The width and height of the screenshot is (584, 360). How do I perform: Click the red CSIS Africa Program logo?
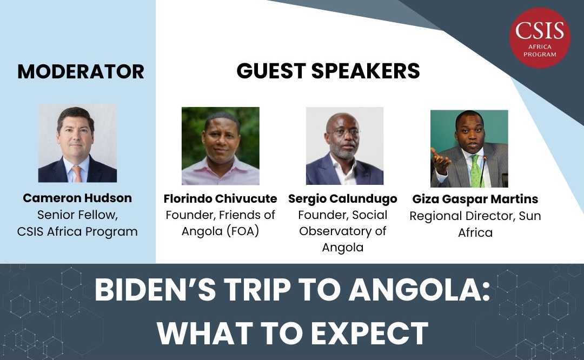point(540,37)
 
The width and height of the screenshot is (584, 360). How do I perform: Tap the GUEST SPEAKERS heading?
point(328,71)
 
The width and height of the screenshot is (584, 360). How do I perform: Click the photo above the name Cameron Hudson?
point(77,143)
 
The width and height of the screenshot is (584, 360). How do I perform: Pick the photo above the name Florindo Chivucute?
point(220,146)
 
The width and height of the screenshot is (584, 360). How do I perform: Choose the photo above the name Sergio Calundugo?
point(344,146)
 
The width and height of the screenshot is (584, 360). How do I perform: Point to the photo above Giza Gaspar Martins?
point(469,149)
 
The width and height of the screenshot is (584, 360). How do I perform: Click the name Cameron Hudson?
point(77,198)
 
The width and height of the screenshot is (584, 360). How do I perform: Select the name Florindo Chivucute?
point(220,199)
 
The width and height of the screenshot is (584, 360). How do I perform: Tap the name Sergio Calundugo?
point(343,199)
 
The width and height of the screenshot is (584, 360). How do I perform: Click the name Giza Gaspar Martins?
point(475,199)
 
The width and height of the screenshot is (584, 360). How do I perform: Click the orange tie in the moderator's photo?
point(77,173)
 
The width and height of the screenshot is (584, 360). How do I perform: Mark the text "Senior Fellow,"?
point(77,215)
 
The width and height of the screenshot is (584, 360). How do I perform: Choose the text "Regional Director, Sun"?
point(475,216)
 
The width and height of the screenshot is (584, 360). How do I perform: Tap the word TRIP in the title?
point(258,292)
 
